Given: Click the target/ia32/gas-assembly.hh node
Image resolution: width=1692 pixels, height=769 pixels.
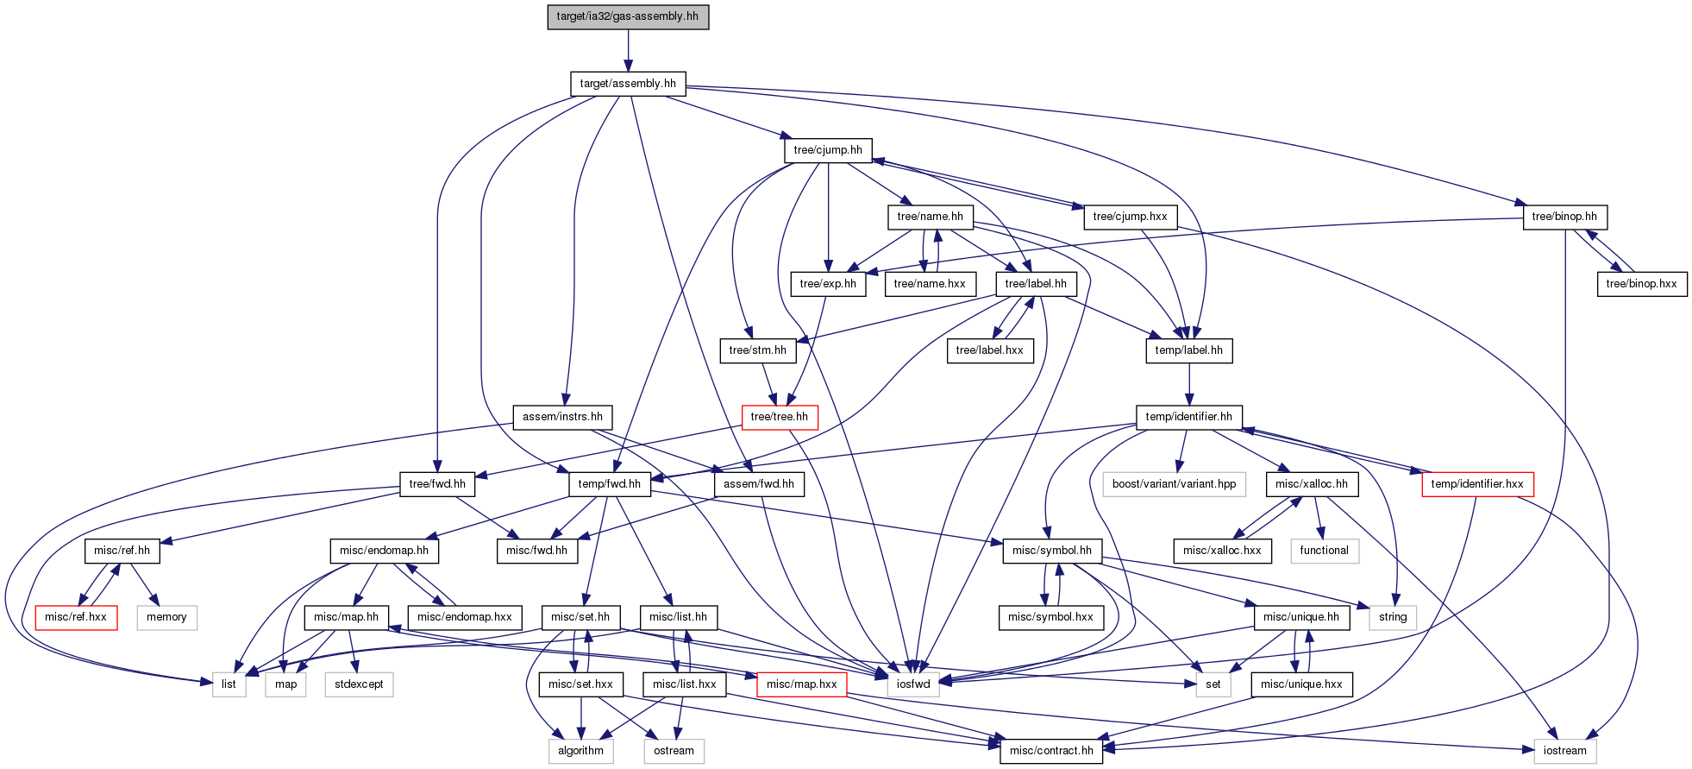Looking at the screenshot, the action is (x=628, y=16).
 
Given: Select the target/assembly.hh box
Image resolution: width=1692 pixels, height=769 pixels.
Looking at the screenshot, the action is (x=628, y=84).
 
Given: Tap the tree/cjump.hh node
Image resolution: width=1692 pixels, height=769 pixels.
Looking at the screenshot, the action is (x=828, y=150).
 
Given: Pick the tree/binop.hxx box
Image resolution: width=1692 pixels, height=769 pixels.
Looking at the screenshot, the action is (x=1641, y=284).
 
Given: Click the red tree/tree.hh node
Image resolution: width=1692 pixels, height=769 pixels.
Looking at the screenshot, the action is (x=780, y=417).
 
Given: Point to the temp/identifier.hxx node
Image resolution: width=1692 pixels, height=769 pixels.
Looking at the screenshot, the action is (x=1477, y=484).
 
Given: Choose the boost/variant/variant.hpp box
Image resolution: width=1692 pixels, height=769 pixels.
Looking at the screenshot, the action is (x=1174, y=484).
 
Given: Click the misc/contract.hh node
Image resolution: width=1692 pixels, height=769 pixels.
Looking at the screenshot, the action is (x=1051, y=751).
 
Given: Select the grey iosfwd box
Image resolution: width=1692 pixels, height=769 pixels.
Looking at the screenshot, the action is (x=913, y=684).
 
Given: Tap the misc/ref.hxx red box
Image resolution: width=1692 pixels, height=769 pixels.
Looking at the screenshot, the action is (x=76, y=617).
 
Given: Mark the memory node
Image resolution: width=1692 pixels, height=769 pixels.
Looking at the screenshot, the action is (x=166, y=617).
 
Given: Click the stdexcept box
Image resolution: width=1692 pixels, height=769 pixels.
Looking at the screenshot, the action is (x=359, y=684).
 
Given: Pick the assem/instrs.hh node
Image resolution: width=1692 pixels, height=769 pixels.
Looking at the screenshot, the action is (x=562, y=417).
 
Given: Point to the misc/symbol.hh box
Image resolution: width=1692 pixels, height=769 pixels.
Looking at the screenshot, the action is (x=1051, y=551).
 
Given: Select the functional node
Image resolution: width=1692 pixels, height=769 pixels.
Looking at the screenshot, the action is (x=1324, y=551).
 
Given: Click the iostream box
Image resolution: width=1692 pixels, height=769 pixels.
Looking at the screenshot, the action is (x=1564, y=751).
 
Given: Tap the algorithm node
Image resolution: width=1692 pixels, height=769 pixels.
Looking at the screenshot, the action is (x=580, y=751).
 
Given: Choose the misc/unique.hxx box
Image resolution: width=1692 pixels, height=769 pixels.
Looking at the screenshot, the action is (x=1301, y=684).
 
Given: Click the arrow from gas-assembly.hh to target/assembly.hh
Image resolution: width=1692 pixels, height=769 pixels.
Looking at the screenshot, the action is (x=628, y=51).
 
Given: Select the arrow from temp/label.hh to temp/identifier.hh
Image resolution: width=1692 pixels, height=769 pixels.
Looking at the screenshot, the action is (x=1189, y=385).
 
